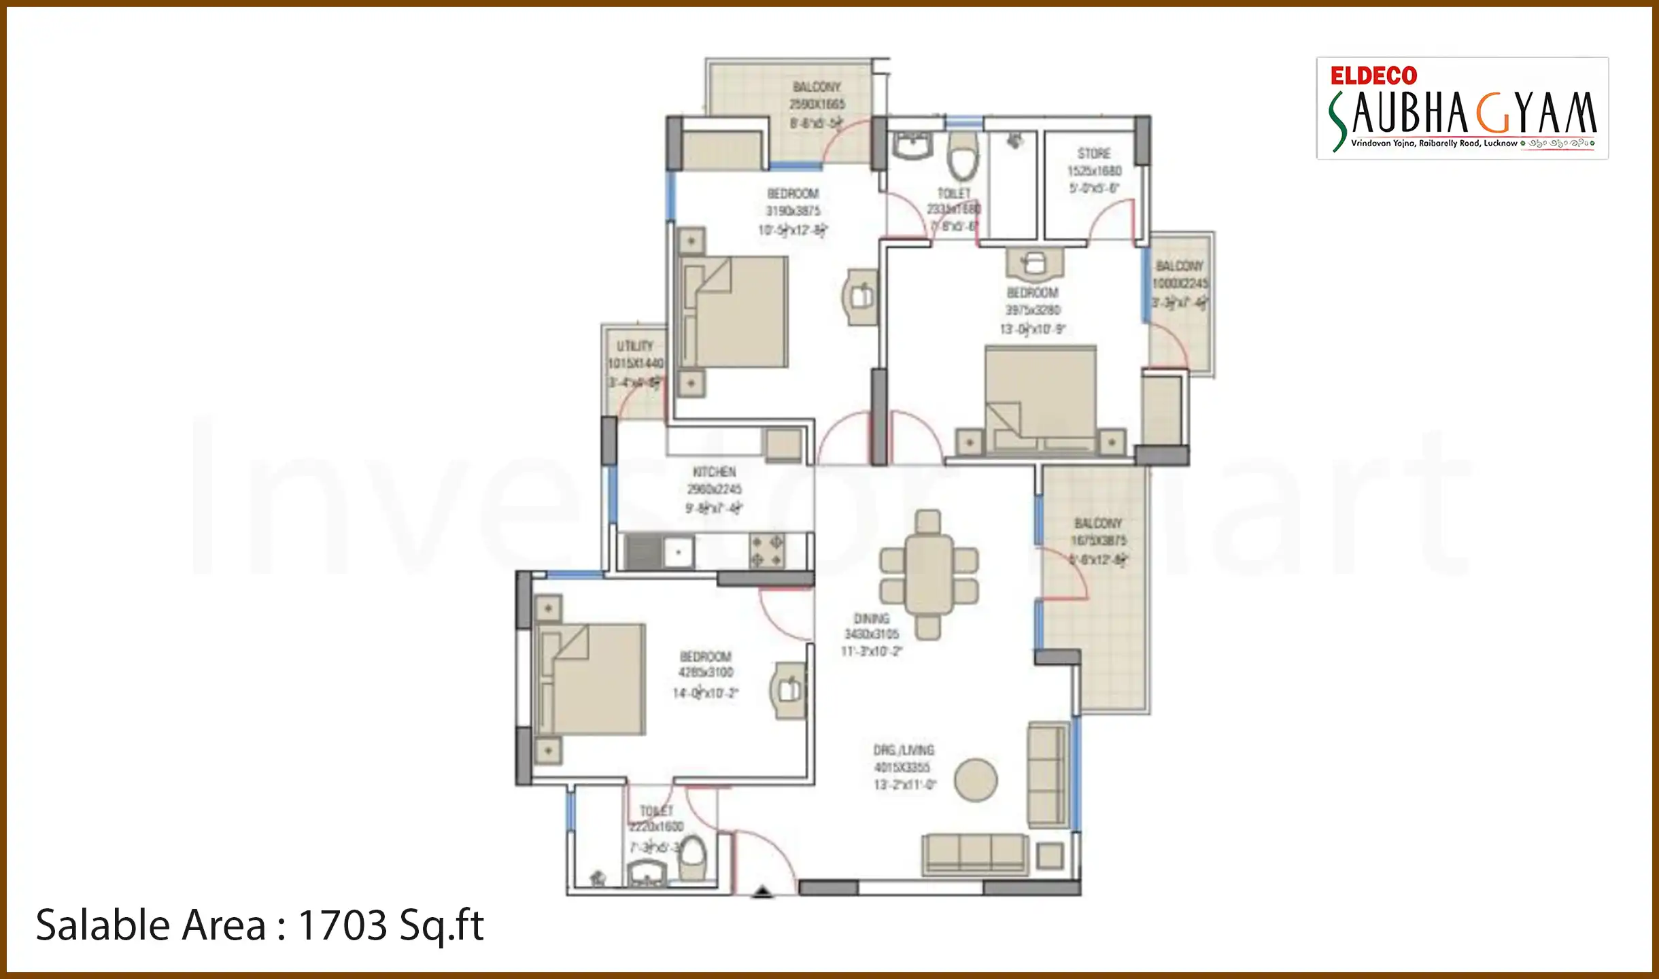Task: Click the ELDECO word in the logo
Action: (1373, 75)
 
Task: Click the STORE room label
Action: (1093, 154)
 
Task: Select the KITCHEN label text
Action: (713, 472)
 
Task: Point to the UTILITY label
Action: (634, 346)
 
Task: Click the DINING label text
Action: (871, 619)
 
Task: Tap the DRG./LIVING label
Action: (904, 750)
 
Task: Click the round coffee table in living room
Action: (975, 780)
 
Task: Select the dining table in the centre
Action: (928, 574)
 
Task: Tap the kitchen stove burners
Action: (766, 551)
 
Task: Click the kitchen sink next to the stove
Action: (677, 552)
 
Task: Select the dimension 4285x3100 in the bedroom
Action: (706, 672)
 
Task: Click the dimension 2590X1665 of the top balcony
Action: (817, 104)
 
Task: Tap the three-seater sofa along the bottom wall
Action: (974, 854)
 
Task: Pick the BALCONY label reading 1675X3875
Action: (1097, 523)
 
